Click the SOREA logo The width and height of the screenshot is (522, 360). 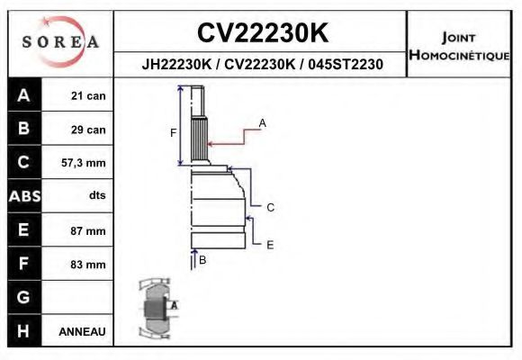pyautogui.click(x=60, y=42)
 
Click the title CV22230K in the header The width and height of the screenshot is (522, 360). pyautogui.click(x=261, y=33)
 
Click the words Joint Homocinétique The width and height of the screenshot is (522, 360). pyautogui.click(x=460, y=46)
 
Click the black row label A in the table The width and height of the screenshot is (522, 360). pyautogui.click(x=23, y=96)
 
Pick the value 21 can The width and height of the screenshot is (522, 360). pyautogui.click(x=88, y=96)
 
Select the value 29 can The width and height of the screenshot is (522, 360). pyautogui.click(x=88, y=130)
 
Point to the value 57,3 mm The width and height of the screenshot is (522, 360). pyautogui.click(x=84, y=163)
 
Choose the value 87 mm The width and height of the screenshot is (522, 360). pyautogui.click(x=88, y=230)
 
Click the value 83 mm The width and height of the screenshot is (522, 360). pyautogui.click(x=88, y=265)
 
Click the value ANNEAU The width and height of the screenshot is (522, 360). pyautogui.click(x=83, y=331)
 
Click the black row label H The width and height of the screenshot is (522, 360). pyautogui.click(x=23, y=331)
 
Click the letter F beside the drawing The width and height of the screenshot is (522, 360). pyautogui.click(x=174, y=133)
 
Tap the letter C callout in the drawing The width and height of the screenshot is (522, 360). pyautogui.click(x=270, y=207)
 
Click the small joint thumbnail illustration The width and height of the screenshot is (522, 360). pyautogui.click(x=155, y=308)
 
